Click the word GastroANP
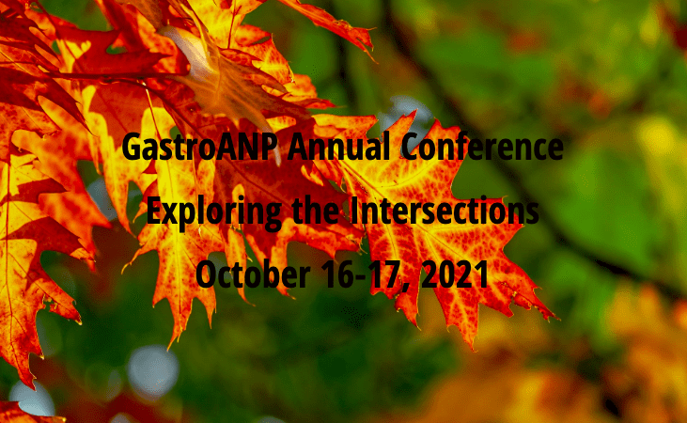click(201, 148)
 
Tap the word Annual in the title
click(338, 146)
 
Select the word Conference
click(482, 146)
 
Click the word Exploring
click(214, 212)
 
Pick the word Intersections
click(445, 211)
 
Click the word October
click(253, 274)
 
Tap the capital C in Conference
click(411, 147)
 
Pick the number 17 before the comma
click(383, 274)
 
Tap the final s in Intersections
click(532, 214)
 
